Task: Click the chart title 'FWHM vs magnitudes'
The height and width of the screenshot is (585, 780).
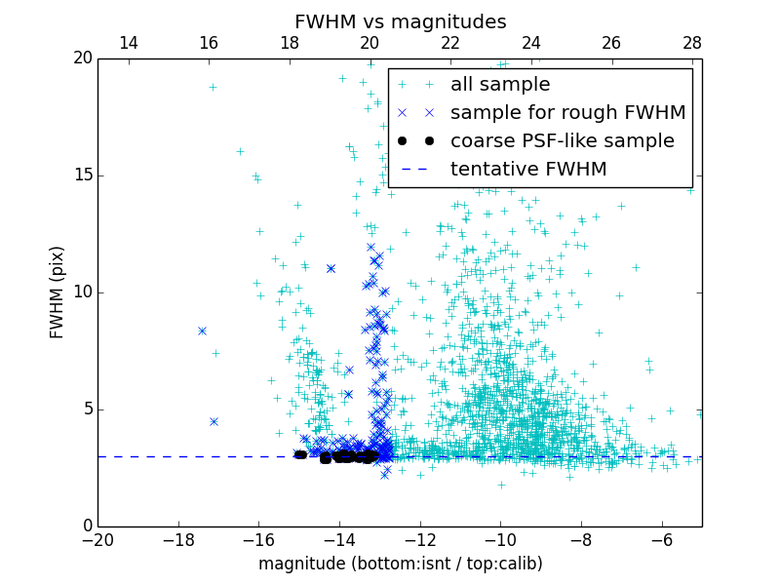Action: (400, 21)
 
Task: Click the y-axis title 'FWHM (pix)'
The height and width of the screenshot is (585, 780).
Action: (58, 292)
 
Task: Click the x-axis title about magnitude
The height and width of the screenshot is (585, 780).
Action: (400, 564)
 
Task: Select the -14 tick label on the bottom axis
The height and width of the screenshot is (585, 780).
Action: (339, 539)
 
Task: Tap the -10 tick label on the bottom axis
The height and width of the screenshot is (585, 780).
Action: (500, 539)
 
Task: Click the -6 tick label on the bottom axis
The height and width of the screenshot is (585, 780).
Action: (661, 539)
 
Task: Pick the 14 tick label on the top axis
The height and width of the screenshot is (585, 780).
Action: (128, 43)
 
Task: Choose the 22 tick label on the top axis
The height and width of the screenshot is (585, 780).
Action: (450, 43)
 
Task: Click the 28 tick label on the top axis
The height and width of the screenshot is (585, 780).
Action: (692, 43)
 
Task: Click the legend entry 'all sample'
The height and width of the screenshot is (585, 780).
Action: (500, 85)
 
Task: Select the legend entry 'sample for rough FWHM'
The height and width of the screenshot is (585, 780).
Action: (567, 113)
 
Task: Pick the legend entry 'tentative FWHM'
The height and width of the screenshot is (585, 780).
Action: (528, 169)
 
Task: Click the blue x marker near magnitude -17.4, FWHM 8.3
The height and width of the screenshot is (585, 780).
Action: (202, 331)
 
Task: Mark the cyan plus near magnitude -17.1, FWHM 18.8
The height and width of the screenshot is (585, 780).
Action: (213, 87)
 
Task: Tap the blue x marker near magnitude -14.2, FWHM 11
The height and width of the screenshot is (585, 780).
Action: (331, 268)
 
